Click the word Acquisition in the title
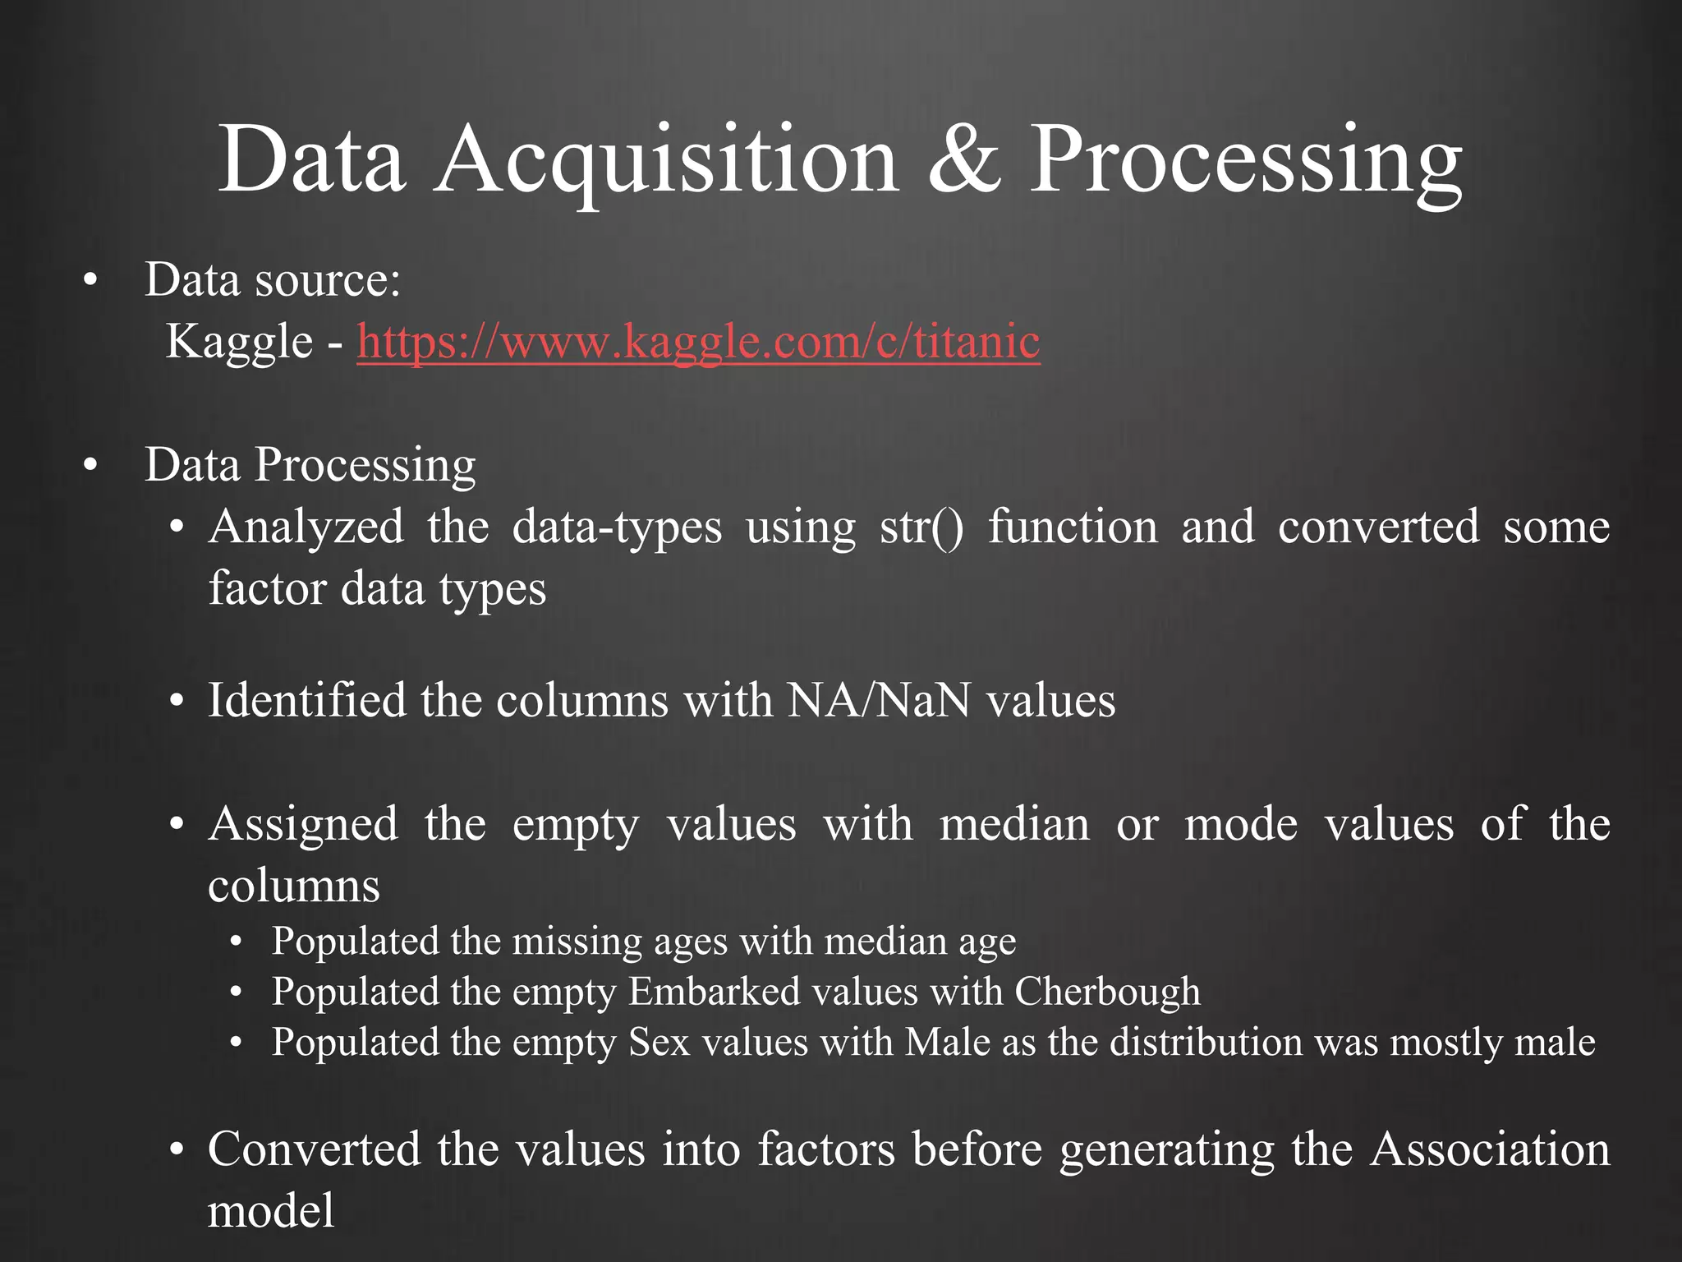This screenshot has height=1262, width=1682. coord(666,160)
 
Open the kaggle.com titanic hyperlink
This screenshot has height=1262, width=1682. coord(698,342)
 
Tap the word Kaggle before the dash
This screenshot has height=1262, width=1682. coord(239,342)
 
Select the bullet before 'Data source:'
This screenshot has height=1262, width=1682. coord(90,281)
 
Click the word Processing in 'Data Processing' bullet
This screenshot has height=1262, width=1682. coord(365,466)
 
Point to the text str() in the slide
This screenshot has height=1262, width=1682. coord(921,527)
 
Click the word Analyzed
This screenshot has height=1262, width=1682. coord(306,527)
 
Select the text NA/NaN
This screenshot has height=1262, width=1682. coord(878,701)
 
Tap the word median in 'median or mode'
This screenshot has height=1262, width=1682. coord(1014,824)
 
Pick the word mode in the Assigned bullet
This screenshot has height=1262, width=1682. coord(1240,824)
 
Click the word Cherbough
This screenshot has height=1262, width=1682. coord(1107,992)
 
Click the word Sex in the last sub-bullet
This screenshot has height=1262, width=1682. coord(659,1043)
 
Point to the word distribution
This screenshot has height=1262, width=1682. coord(1206,1043)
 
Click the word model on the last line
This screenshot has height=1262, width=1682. coord(271,1211)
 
